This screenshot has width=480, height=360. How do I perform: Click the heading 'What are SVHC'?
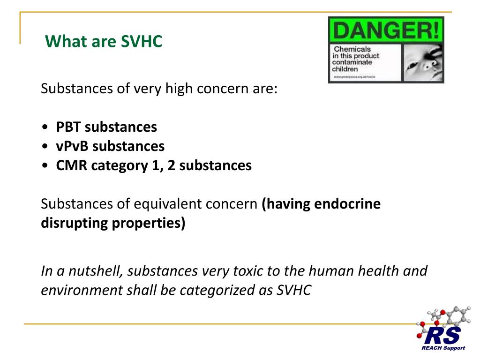103,42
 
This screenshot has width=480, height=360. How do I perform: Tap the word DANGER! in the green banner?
386,31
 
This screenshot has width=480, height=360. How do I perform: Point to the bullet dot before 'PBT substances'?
44,127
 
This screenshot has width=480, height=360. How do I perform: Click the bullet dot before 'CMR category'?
44,166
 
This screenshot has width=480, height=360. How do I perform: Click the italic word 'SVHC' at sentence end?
293,290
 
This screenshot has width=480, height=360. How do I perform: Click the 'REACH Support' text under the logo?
443,348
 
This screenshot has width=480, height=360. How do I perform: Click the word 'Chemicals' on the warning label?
352,49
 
